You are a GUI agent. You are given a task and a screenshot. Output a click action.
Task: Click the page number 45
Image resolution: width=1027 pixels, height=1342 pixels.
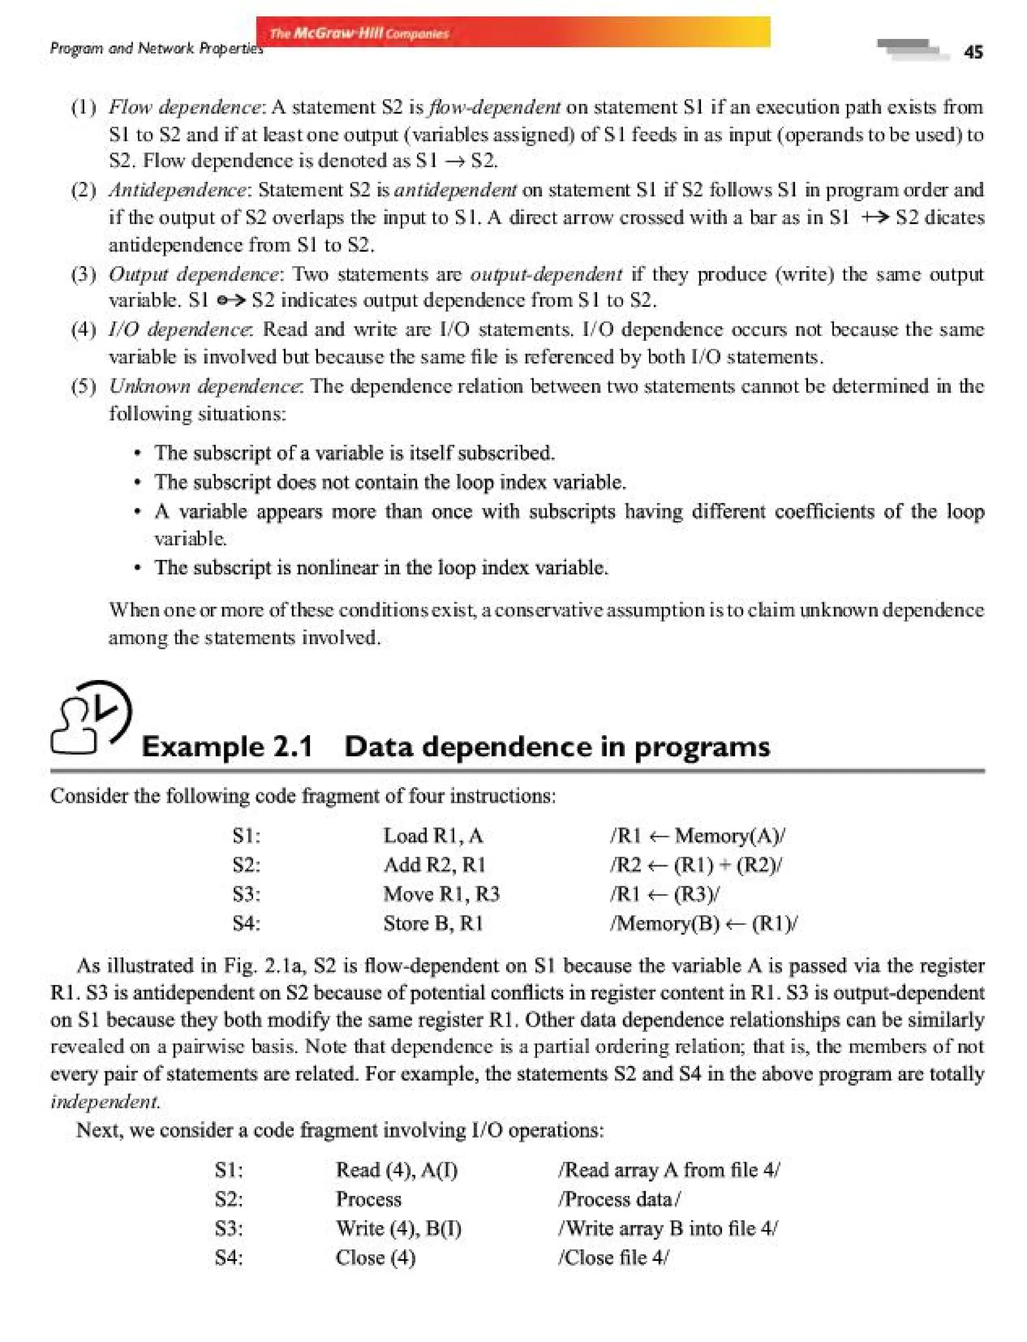click(973, 52)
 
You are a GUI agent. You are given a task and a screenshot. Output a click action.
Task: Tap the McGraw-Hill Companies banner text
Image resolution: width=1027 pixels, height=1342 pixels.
click(360, 33)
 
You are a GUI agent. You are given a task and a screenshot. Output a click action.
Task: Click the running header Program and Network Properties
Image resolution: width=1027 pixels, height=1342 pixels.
click(156, 48)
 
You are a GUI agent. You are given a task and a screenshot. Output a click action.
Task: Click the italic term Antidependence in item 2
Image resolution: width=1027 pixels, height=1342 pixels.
click(178, 190)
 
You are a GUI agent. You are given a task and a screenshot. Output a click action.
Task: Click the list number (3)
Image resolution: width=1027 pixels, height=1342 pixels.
click(84, 274)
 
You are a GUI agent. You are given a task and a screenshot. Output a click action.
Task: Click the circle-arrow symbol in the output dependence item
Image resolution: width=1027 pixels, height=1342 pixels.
click(231, 301)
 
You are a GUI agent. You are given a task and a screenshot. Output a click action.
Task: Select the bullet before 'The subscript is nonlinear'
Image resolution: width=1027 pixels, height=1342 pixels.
click(138, 568)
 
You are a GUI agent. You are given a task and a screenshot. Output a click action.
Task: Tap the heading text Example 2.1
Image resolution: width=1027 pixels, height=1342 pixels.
click(227, 747)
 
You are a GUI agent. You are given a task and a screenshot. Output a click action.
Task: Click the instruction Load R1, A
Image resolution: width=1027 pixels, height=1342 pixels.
click(433, 835)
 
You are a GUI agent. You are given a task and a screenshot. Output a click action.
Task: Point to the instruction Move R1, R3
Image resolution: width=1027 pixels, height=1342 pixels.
click(441, 894)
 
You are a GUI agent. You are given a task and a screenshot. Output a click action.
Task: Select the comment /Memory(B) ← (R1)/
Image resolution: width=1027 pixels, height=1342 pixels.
click(703, 923)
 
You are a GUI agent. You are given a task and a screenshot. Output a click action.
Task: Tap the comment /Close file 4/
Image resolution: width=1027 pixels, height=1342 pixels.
click(613, 1258)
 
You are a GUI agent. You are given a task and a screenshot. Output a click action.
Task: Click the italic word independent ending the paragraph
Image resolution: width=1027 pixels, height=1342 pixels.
click(105, 1102)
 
